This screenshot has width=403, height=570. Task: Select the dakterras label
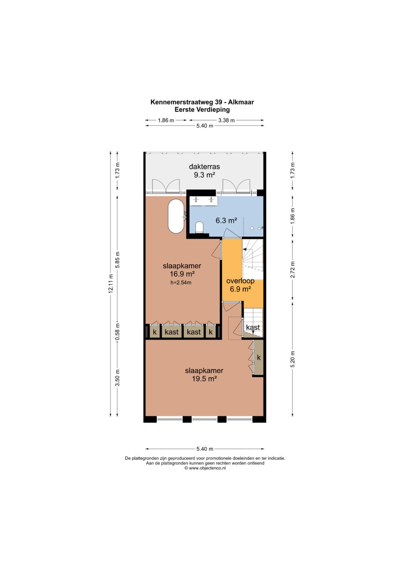pos(204,167)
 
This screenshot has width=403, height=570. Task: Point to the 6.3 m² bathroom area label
pos(227,220)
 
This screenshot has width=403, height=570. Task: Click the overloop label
pos(240,281)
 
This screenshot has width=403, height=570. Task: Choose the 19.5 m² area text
pos(204,379)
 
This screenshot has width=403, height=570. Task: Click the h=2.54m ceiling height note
pos(181,283)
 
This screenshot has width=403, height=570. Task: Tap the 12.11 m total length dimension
pos(110,283)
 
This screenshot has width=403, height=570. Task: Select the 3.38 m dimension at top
pos(227,120)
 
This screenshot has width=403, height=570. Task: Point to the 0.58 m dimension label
pos(117,331)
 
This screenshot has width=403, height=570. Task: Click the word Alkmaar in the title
pos(241,102)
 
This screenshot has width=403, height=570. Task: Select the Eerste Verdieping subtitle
pos(202,110)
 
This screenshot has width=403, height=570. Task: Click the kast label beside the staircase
pos(253,327)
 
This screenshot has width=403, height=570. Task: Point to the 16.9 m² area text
pos(182,274)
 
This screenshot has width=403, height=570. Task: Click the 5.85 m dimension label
pos(117,260)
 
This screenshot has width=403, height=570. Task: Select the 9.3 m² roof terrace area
pos(204,175)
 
